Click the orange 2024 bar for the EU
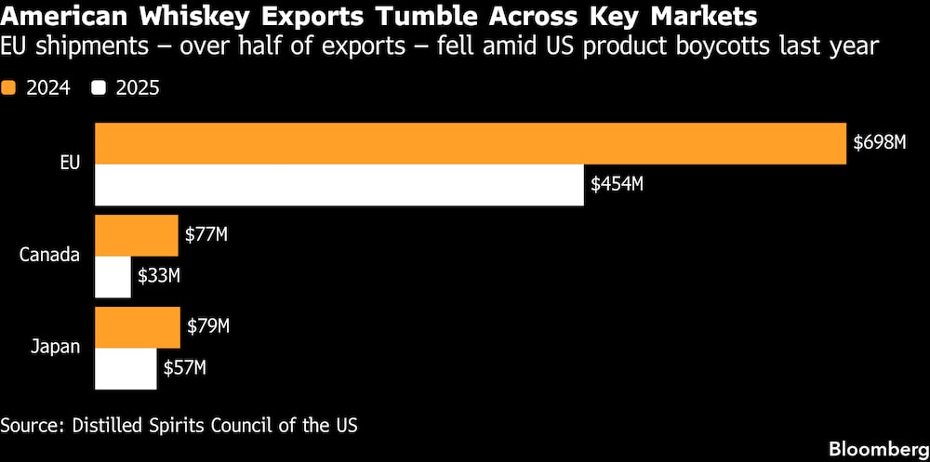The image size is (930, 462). [x=471, y=143]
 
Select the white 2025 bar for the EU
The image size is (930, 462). [x=339, y=184]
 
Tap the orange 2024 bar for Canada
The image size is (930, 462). [x=137, y=235]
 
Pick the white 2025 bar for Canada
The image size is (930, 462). [x=113, y=276]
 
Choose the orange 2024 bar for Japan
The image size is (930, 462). [x=138, y=327]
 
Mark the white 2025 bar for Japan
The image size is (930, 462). [x=126, y=368]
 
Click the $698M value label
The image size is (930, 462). [x=879, y=143]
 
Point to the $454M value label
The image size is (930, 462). [x=617, y=184]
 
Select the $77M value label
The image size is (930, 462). [x=206, y=235]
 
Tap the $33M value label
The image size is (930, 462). [x=159, y=276]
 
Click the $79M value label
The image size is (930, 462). [x=208, y=327]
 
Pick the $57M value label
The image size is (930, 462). [x=184, y=368]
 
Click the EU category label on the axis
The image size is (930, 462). [x=69, y=164]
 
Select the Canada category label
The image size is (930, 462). [x=49, y=256]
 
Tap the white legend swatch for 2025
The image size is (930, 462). [x=98, y=88]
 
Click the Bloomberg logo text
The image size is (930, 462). [x=875, y=447]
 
